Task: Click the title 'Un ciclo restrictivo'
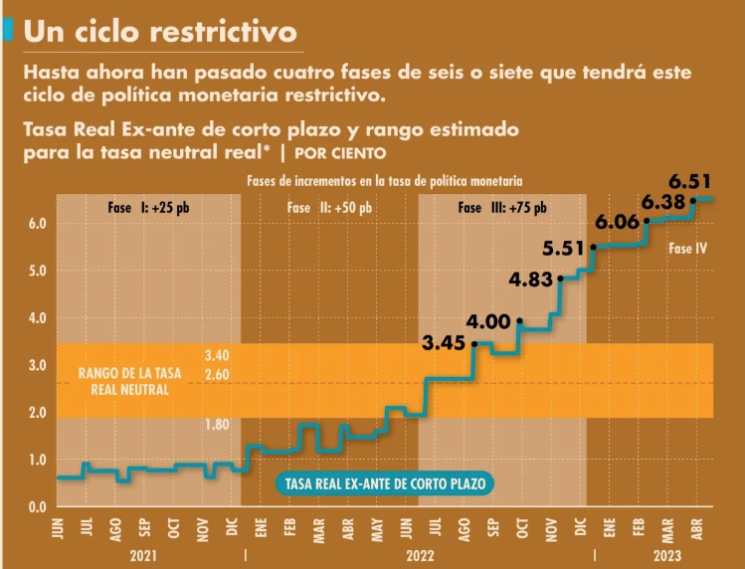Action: tap(160, 32)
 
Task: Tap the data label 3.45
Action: tap(444, 344)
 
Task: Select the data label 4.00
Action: tap(488, 321)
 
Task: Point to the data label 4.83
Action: tap(530, 280)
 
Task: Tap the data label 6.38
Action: tap(663, 201)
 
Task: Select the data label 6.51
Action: tap(689, 181)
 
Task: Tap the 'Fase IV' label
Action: tap(687, 249)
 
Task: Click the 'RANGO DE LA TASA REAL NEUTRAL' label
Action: tap(131, 381)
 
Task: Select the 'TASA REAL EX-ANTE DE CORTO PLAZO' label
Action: tap(384, 483)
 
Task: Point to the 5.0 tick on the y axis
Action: tap(37, 271)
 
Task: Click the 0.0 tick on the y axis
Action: tap(37, 507)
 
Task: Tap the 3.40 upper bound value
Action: tap(216, 355)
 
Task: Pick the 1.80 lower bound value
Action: tap(216, 425)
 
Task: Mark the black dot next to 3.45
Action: tap(474, 344)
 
